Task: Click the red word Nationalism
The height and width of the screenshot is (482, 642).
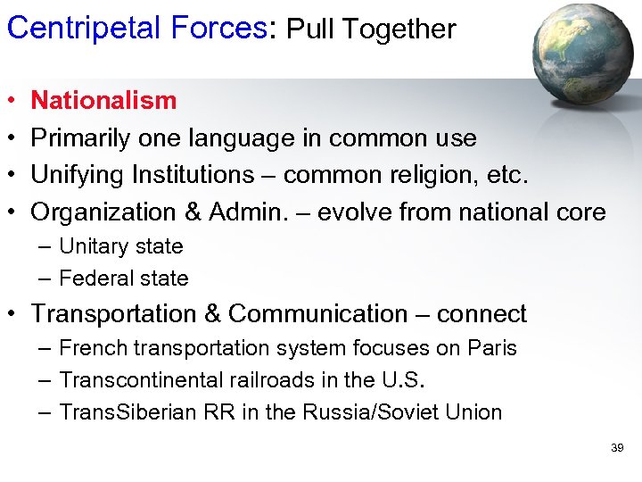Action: pos(103,100)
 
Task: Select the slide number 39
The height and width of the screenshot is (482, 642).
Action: pos(617,447)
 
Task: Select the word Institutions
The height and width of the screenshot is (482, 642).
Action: pos(188,175)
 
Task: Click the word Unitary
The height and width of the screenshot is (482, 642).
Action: pos(94,246)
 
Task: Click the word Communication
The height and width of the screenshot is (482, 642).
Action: pos(318,314)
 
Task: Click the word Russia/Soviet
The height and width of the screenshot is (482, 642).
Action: pos(383,412)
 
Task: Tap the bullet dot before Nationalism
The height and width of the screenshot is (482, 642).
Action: pos(11,101)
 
